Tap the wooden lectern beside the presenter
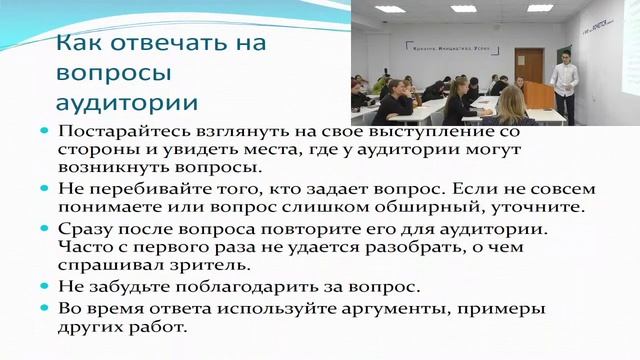click(541, 99)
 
